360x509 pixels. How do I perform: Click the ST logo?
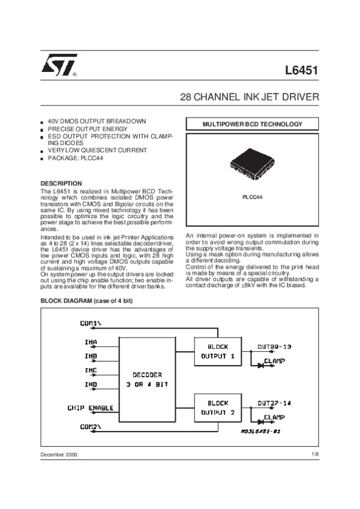[x=58, y=70]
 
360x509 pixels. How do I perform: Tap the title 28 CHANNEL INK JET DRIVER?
[x=250, y=97]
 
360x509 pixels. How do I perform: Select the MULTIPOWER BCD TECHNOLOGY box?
[x=252, y=125]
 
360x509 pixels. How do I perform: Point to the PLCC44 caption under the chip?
[x=252, y=197]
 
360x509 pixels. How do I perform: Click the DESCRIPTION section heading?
[x=61, y=183]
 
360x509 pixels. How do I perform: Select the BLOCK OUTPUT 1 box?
[x=214, y=351]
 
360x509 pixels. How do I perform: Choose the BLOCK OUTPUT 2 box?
[x=214, y=408]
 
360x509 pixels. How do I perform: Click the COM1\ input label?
[x=91, y=324]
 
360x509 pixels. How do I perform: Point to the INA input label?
[x=91, y=342]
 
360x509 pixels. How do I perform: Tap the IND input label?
[x=91, y=384]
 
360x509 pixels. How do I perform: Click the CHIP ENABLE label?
[x=91, y=408]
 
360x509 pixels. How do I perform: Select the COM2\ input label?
[x=91, y=426]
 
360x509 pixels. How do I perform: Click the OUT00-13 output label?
[x=274, y=347]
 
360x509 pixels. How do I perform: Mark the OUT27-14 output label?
[x=274, y=403]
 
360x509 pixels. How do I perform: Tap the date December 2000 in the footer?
[x=59, y=455]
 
